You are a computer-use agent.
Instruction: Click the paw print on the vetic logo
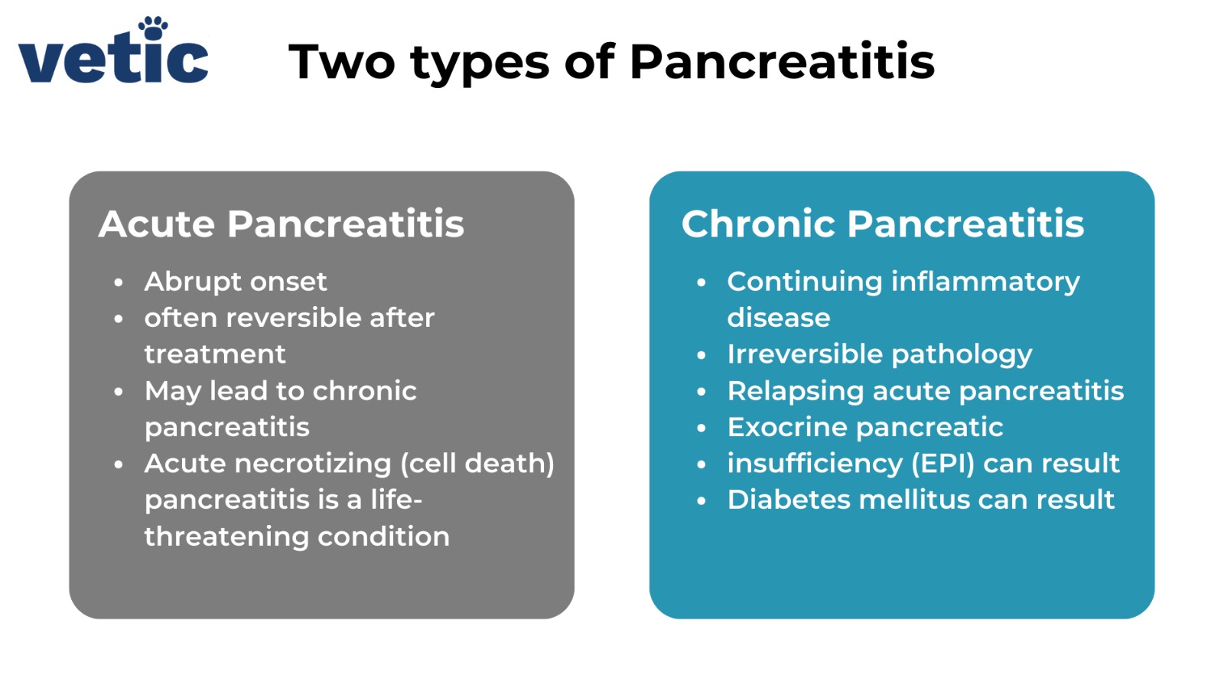(154, 28)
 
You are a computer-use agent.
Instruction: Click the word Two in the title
(341, 62)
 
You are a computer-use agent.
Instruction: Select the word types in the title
(480, 64)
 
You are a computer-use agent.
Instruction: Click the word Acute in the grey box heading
(157, 224)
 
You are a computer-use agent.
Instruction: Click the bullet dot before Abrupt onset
(119, 282)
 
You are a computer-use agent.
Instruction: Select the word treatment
(215, 354)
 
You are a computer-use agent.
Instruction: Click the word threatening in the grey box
(226, 536)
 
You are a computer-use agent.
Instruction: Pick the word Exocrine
(786, 427)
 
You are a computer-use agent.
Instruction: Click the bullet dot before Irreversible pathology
(702, 355)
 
